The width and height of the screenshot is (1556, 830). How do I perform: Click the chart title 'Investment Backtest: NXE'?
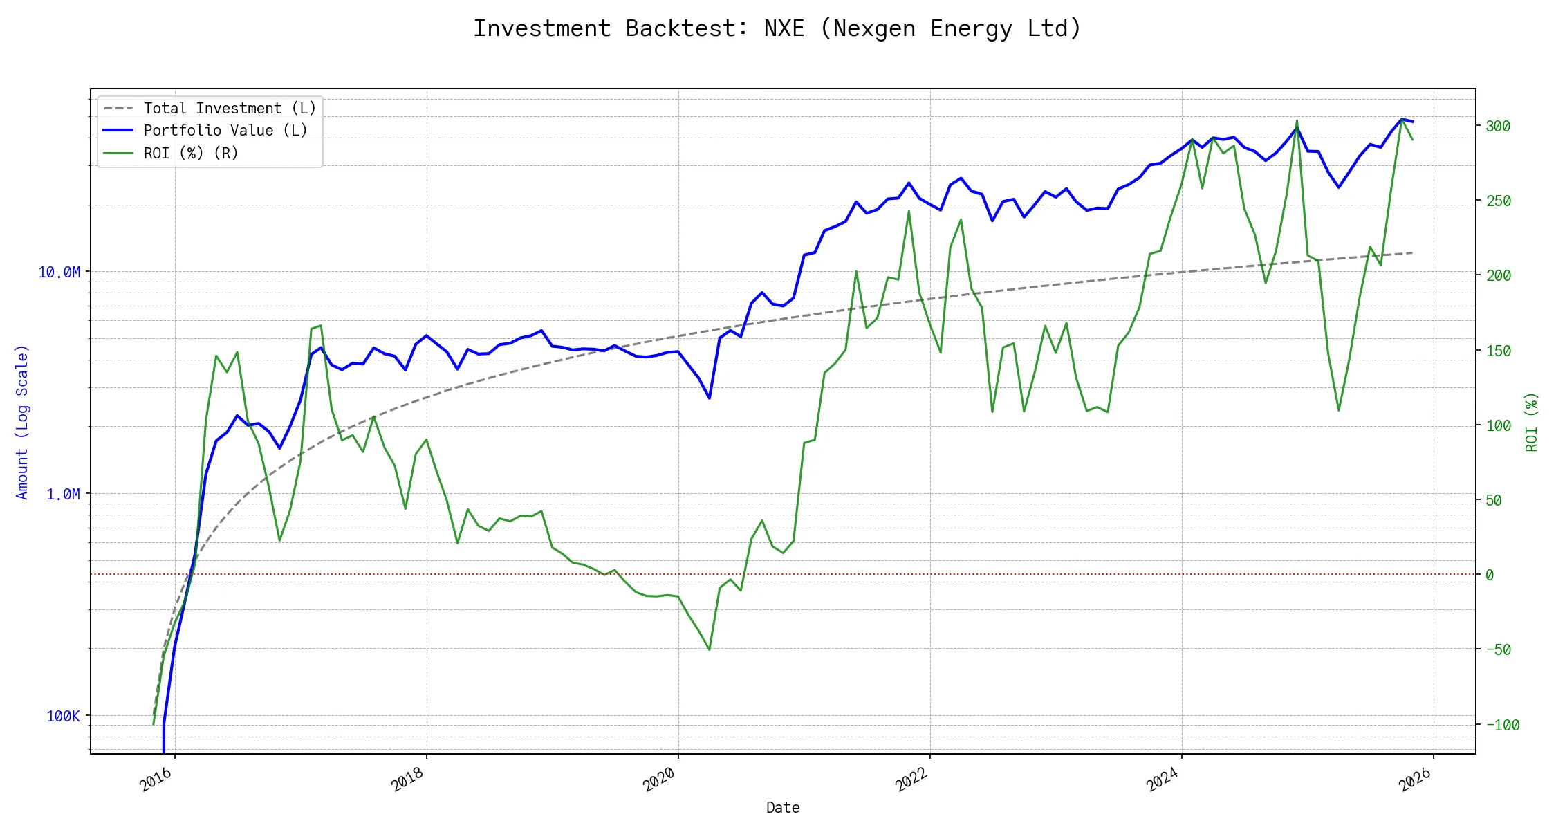[777, 29]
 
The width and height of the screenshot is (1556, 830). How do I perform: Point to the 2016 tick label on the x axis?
[156, 780]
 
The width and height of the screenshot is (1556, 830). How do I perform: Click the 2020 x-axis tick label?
[659, 780]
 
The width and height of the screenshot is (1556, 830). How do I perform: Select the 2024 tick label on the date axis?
[1163, 780]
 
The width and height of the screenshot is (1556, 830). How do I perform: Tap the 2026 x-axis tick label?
[1415, 780]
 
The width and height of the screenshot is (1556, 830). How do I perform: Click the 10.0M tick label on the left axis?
[59, 273]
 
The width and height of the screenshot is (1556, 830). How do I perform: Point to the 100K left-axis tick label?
[64, 717]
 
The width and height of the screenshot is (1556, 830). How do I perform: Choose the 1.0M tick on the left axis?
[64, 495]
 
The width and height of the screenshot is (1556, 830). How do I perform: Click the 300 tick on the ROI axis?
[1498, 127]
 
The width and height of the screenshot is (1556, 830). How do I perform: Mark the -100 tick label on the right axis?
[1502, 726]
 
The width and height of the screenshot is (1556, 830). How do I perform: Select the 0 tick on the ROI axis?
[1490, 575]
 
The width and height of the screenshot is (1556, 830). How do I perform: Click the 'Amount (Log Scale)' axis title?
[22, 422]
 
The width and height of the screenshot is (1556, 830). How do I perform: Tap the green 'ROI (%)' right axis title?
[1532, 422]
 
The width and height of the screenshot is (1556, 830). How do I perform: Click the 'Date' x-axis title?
[783, 808]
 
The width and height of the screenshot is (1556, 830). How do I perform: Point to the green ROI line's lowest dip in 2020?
[710, 649]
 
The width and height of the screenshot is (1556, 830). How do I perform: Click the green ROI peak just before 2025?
[1297, 121]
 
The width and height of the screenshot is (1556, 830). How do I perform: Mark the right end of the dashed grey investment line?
[1412, 253]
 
